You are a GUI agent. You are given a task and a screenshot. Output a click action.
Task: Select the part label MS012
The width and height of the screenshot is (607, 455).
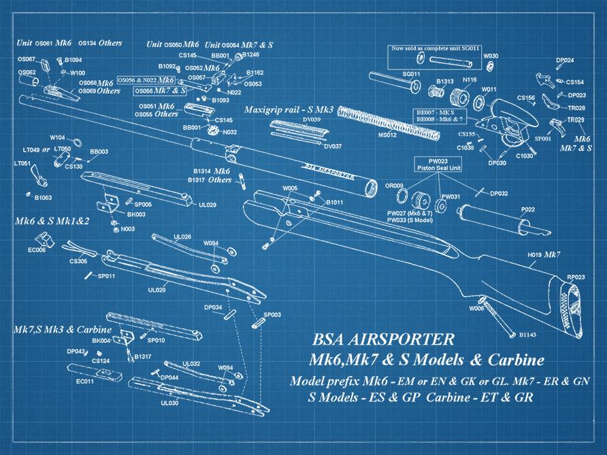[387, 135]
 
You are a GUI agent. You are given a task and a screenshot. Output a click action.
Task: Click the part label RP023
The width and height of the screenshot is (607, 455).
[576, 277]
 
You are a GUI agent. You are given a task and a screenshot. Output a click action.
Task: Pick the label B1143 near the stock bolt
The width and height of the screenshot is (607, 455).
[529, 335]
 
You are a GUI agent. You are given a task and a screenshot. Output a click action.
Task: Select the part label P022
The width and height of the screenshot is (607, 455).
[527, 209]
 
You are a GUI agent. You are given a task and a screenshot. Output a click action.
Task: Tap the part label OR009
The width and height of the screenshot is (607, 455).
[394, 186]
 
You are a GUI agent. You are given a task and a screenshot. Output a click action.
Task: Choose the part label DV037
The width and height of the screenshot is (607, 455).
[333, 146]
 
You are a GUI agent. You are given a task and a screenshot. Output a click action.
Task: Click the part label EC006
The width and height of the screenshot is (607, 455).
[37, 250]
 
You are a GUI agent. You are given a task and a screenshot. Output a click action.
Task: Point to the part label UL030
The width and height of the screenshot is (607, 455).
[169, 403]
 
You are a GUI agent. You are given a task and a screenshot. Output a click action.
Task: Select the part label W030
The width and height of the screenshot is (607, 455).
[491, 56]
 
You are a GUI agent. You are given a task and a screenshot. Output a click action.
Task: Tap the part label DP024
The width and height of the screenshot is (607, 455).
[564, 60]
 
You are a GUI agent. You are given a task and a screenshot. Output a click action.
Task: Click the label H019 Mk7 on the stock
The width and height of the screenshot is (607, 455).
[544, 255]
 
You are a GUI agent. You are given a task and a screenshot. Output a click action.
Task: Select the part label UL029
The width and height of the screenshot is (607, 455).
[208, 204]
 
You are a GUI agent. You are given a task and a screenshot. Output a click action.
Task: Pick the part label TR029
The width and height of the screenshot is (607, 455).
[576, 120]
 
